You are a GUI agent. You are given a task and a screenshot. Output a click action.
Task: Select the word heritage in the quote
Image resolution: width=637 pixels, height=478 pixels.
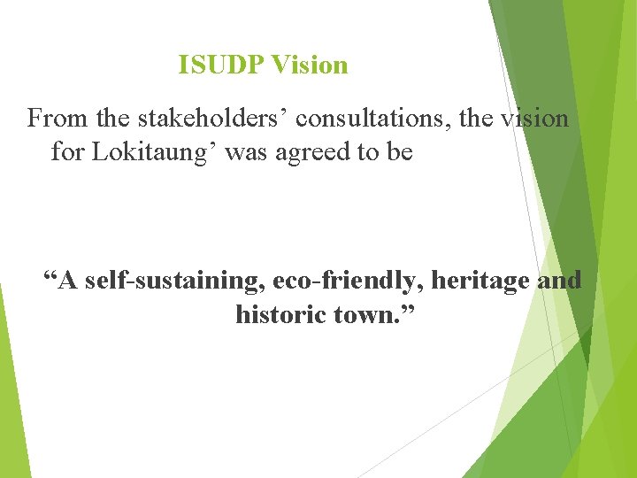click(481, 281)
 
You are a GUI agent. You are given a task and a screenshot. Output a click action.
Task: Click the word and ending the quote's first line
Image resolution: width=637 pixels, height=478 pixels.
click(561, 281)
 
